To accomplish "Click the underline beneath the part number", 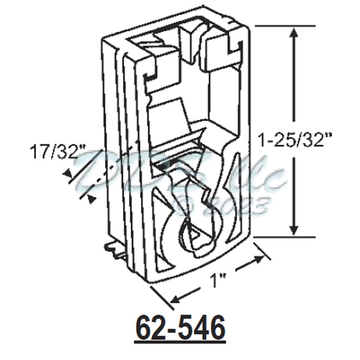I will click(181, 343).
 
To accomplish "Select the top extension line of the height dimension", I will click(273, 26).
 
